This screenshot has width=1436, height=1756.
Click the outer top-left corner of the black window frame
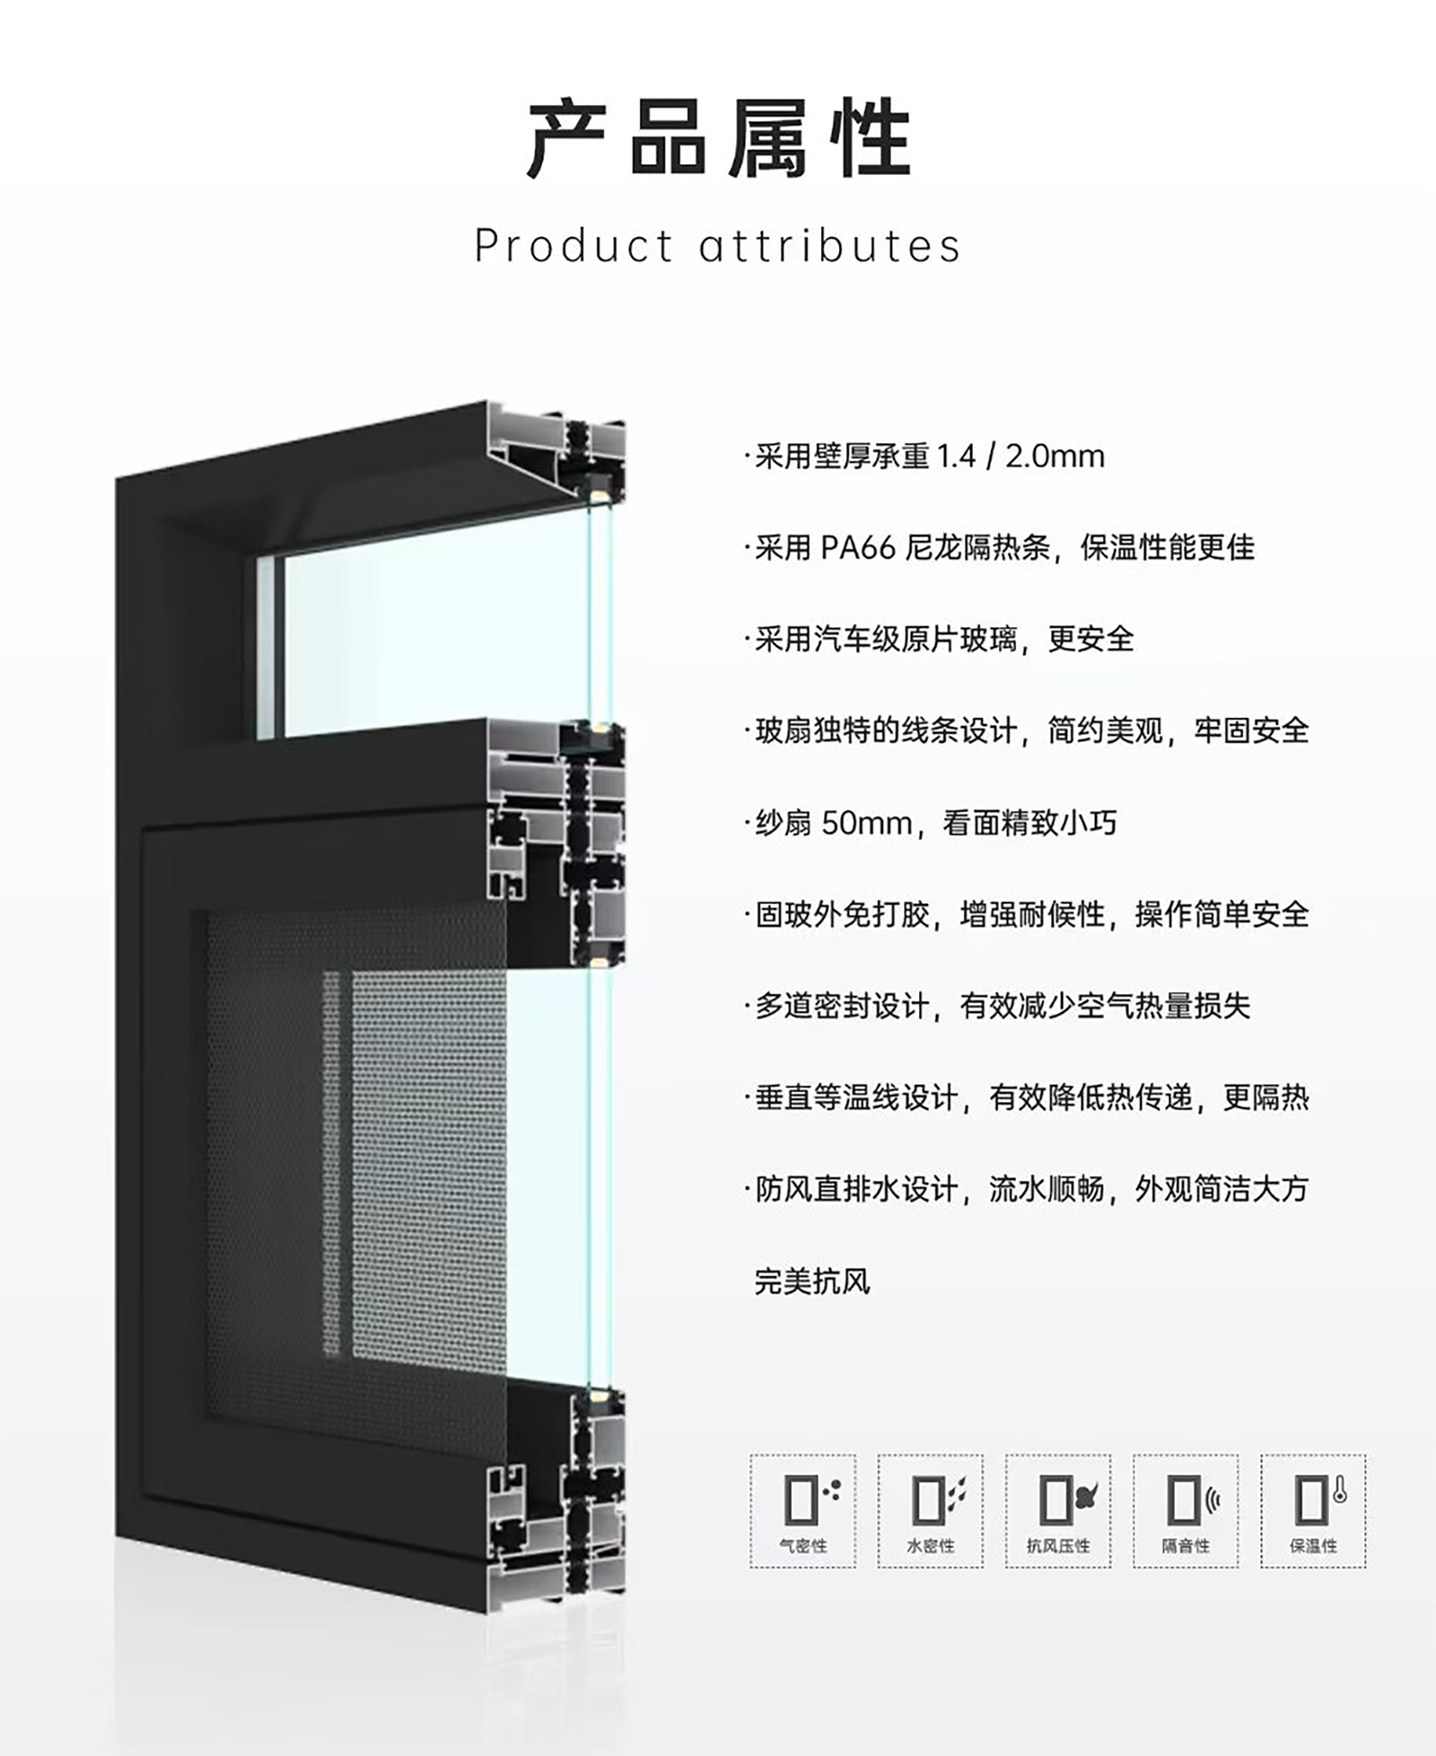click(x=116, y=481)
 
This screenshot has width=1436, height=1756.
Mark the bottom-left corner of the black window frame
click(x=116, y=1536)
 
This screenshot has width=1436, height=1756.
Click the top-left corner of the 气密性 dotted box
click(x=750, y=1455)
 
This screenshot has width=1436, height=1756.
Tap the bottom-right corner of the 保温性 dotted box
click(x=1366, y=1568)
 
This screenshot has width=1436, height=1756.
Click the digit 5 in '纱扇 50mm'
click(x=830, y=823)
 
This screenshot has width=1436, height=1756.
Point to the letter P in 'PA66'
click(x=828, y=547)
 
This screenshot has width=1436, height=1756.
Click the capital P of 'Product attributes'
click(x=486, y=246)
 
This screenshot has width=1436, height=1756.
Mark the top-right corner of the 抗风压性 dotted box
click(x=1110, y=1455)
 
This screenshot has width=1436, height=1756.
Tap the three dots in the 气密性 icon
click(x=833, y=1490)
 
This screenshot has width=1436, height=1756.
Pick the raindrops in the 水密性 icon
click(x=958, y=1491)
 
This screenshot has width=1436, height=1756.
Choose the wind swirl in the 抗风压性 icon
click(x=1086, y=1495)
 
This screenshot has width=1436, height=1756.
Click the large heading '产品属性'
click(x=718, y=139)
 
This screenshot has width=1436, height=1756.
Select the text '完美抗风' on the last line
click(x=812, y=1281)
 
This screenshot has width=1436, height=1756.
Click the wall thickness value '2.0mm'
click(x=1055, y=456)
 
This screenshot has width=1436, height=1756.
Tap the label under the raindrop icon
click(x=931, y=1545)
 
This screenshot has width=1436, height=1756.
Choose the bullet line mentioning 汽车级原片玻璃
click(x=939, y=639)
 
